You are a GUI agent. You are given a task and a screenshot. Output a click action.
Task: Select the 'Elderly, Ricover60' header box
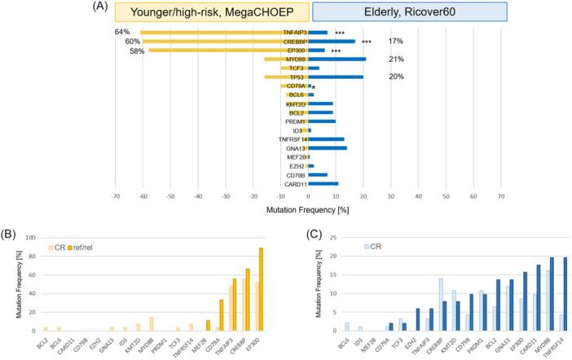click(x=410, y=11)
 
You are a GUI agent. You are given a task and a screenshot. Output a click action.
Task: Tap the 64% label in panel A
click(x=123, y=32)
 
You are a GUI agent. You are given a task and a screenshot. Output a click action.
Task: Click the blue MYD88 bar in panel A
click(x=326, y=59)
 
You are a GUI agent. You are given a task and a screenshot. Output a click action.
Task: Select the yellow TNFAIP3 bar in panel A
click(x=212, y=33)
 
